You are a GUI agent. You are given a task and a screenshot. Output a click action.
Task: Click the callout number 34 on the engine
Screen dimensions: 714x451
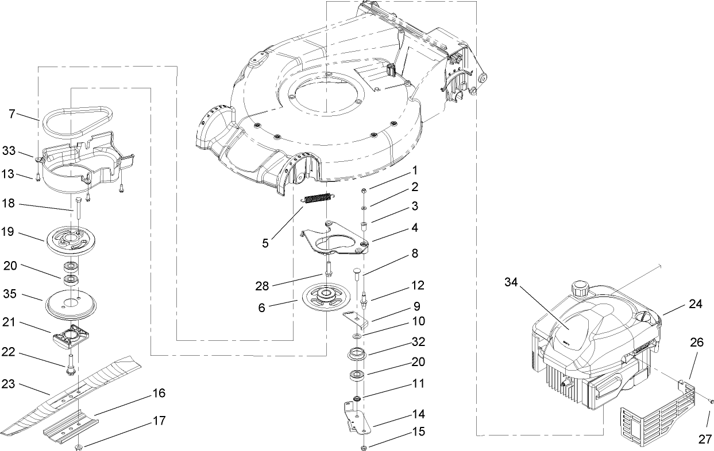(511, 282)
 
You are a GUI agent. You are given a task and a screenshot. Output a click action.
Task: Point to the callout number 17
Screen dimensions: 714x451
(159, 421)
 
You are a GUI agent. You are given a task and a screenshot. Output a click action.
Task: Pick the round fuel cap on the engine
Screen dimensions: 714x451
(581, 287)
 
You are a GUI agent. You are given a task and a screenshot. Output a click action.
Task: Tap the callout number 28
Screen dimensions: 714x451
(262, 286)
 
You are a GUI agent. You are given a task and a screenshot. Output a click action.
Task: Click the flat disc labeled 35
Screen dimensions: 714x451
(71, 304)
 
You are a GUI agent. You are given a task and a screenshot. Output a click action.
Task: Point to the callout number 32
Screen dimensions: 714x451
(419, 342)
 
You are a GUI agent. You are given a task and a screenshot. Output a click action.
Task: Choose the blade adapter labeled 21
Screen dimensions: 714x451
(70, 337)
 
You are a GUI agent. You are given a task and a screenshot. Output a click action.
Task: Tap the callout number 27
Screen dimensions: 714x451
(705, 439)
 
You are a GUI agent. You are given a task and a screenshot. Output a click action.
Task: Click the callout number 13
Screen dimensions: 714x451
(8, 174)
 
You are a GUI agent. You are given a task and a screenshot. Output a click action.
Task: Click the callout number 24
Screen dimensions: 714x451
(696, 304)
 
